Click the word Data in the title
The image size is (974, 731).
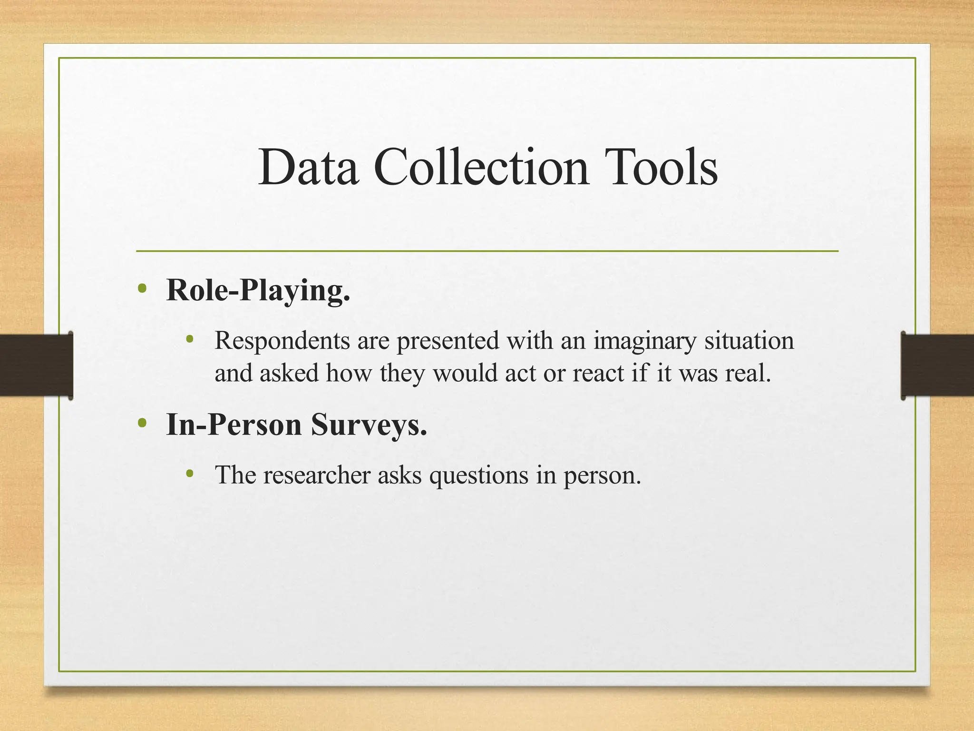click(308, 168)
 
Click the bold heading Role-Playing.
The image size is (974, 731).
click(258, 290)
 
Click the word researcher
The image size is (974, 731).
click(317, 475)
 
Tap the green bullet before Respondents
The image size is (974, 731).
click(190, 339)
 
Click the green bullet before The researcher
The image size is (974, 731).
click(190, 474)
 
